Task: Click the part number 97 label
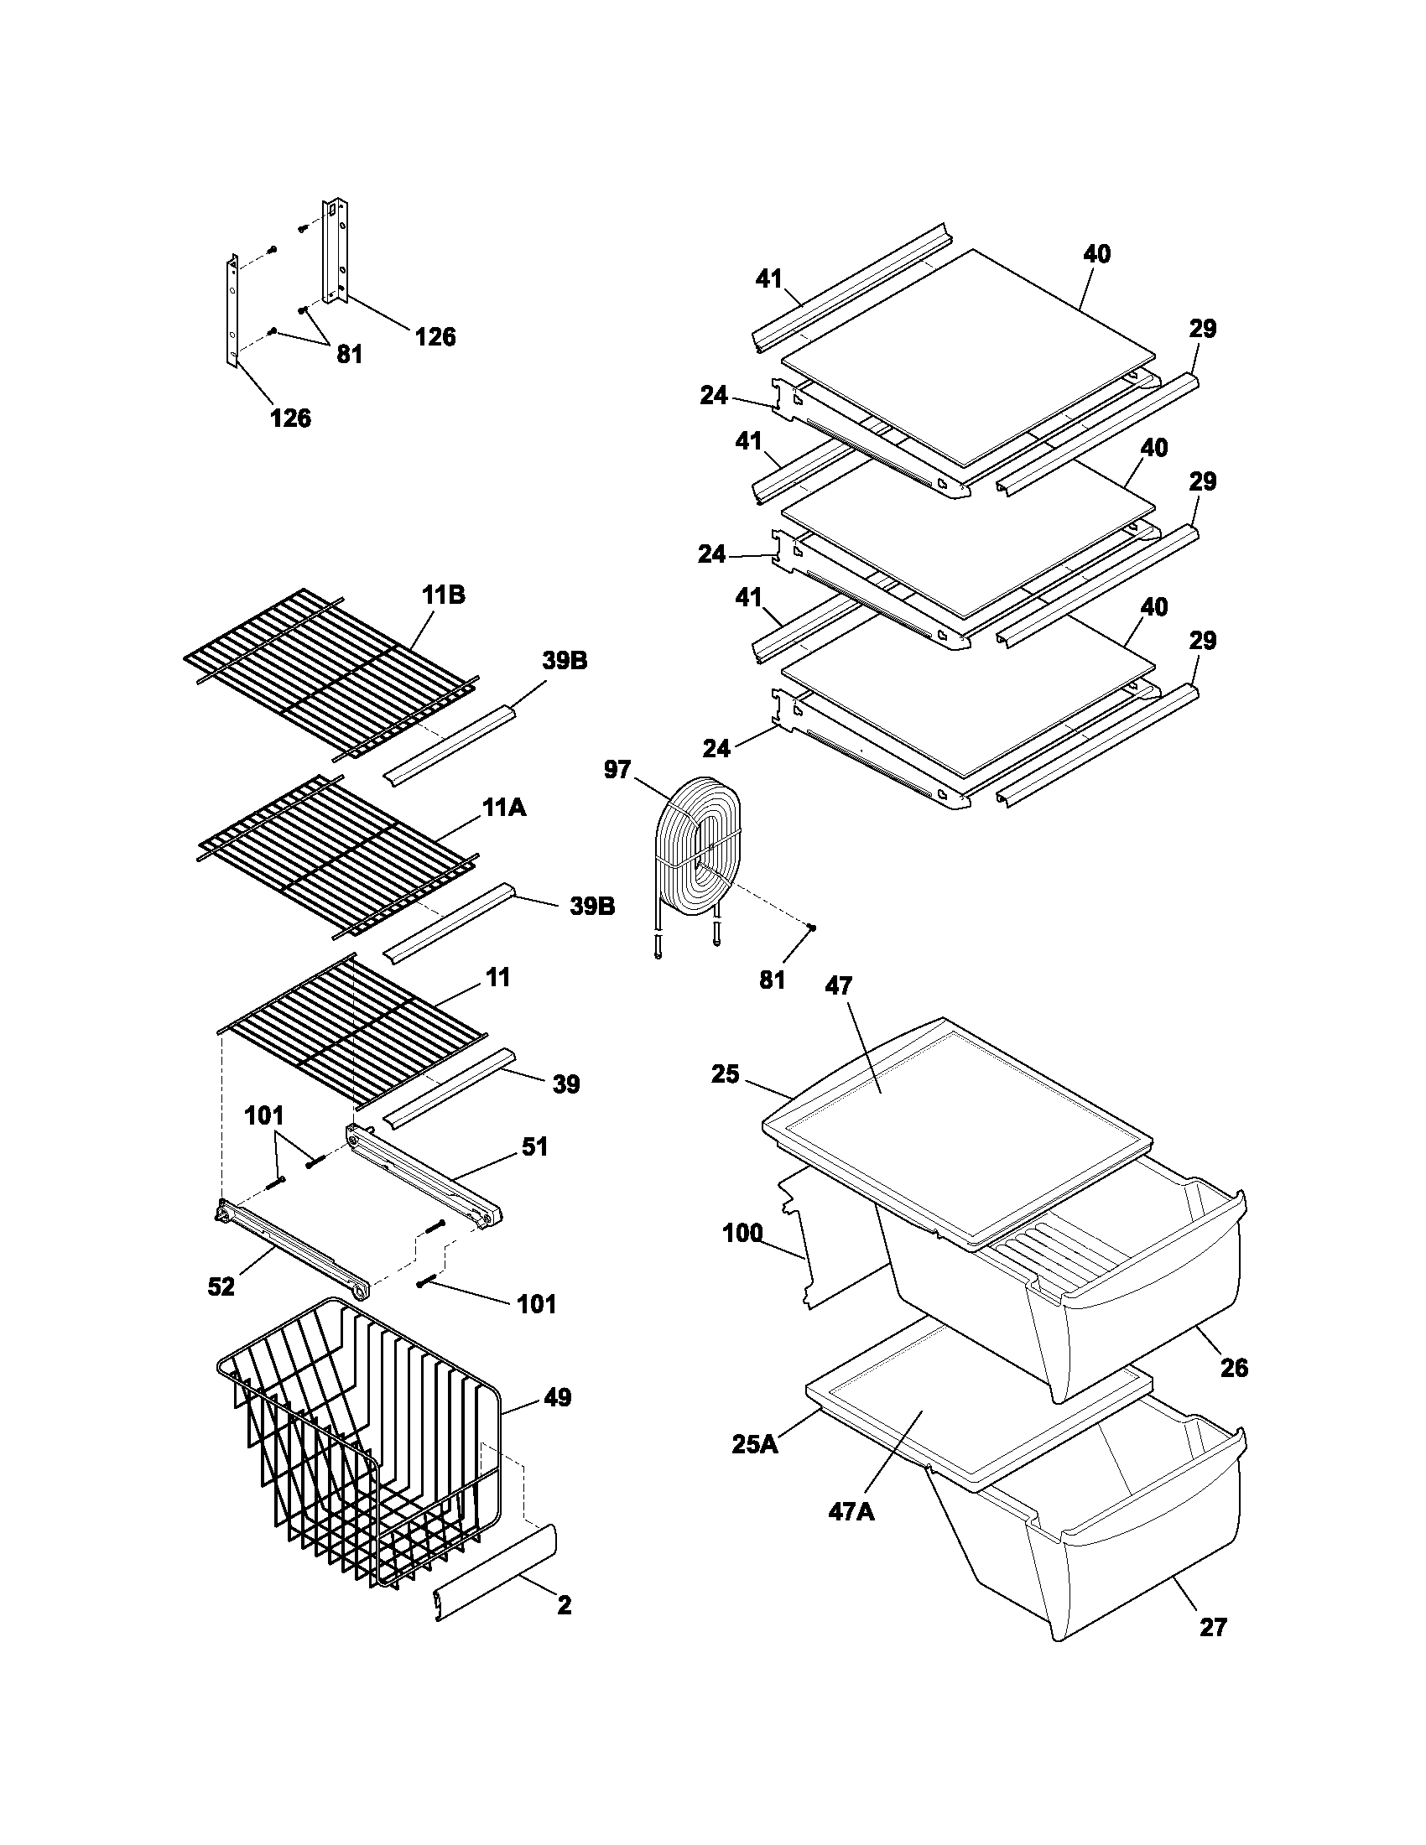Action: coord(617,769)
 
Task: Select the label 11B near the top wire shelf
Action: coord(444,595)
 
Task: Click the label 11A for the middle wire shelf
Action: coord(504,808)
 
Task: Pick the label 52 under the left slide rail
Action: coord(221,1286)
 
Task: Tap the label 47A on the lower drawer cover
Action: coord(851,1510)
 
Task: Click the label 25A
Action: coord(754,1445)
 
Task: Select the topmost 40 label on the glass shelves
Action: coord(1096,253)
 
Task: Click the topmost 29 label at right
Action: coord(1203,329)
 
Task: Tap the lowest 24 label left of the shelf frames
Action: coord(716,747)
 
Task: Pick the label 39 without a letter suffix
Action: coord(566,1084)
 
